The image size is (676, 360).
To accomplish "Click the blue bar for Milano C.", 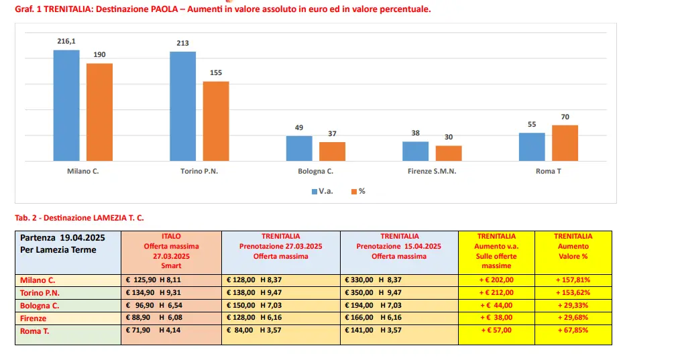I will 66,105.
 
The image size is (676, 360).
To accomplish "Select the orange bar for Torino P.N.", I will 216,121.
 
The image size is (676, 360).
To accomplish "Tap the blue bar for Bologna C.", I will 299,148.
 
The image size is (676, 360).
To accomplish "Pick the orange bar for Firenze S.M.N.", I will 449,154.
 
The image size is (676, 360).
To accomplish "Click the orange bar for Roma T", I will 565,143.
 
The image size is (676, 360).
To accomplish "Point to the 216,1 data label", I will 66,42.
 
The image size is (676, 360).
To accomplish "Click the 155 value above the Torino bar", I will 216,73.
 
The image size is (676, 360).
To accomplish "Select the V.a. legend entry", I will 322,191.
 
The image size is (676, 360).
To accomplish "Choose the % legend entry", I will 358,191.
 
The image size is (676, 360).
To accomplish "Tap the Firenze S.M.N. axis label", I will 432,172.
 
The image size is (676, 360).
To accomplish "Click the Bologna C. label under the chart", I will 315,172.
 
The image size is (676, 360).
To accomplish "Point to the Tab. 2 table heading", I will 79,217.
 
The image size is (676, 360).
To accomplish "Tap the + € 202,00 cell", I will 496,280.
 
